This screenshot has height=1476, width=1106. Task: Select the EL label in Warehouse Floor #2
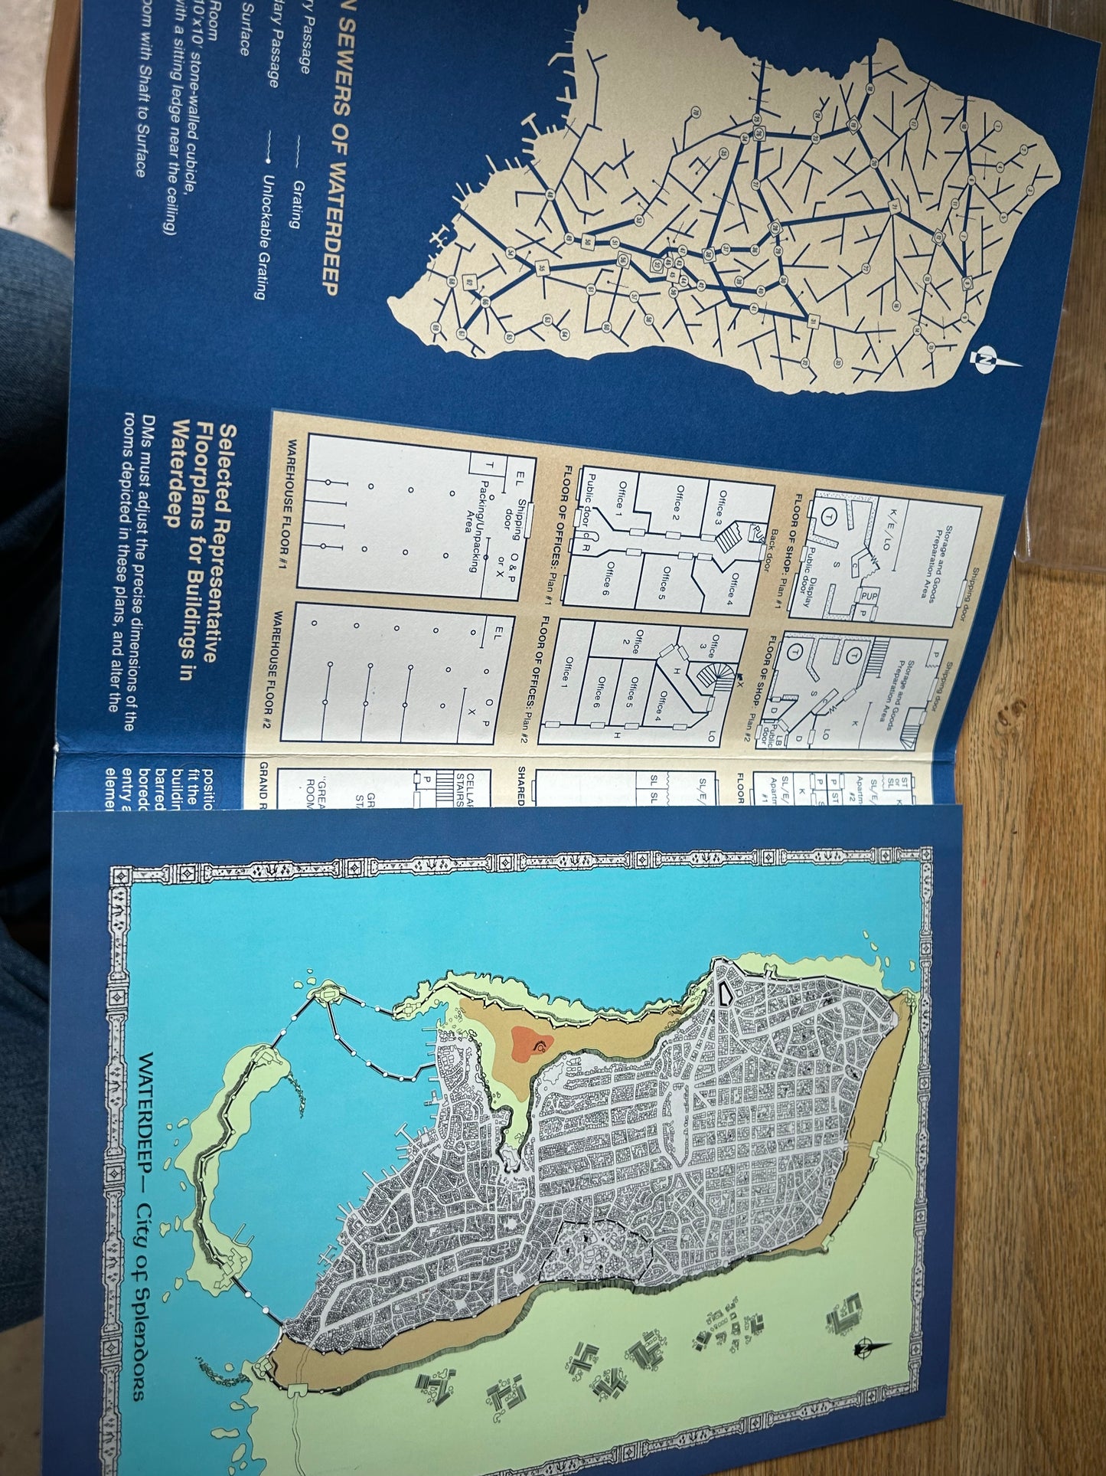coord(498,634)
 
